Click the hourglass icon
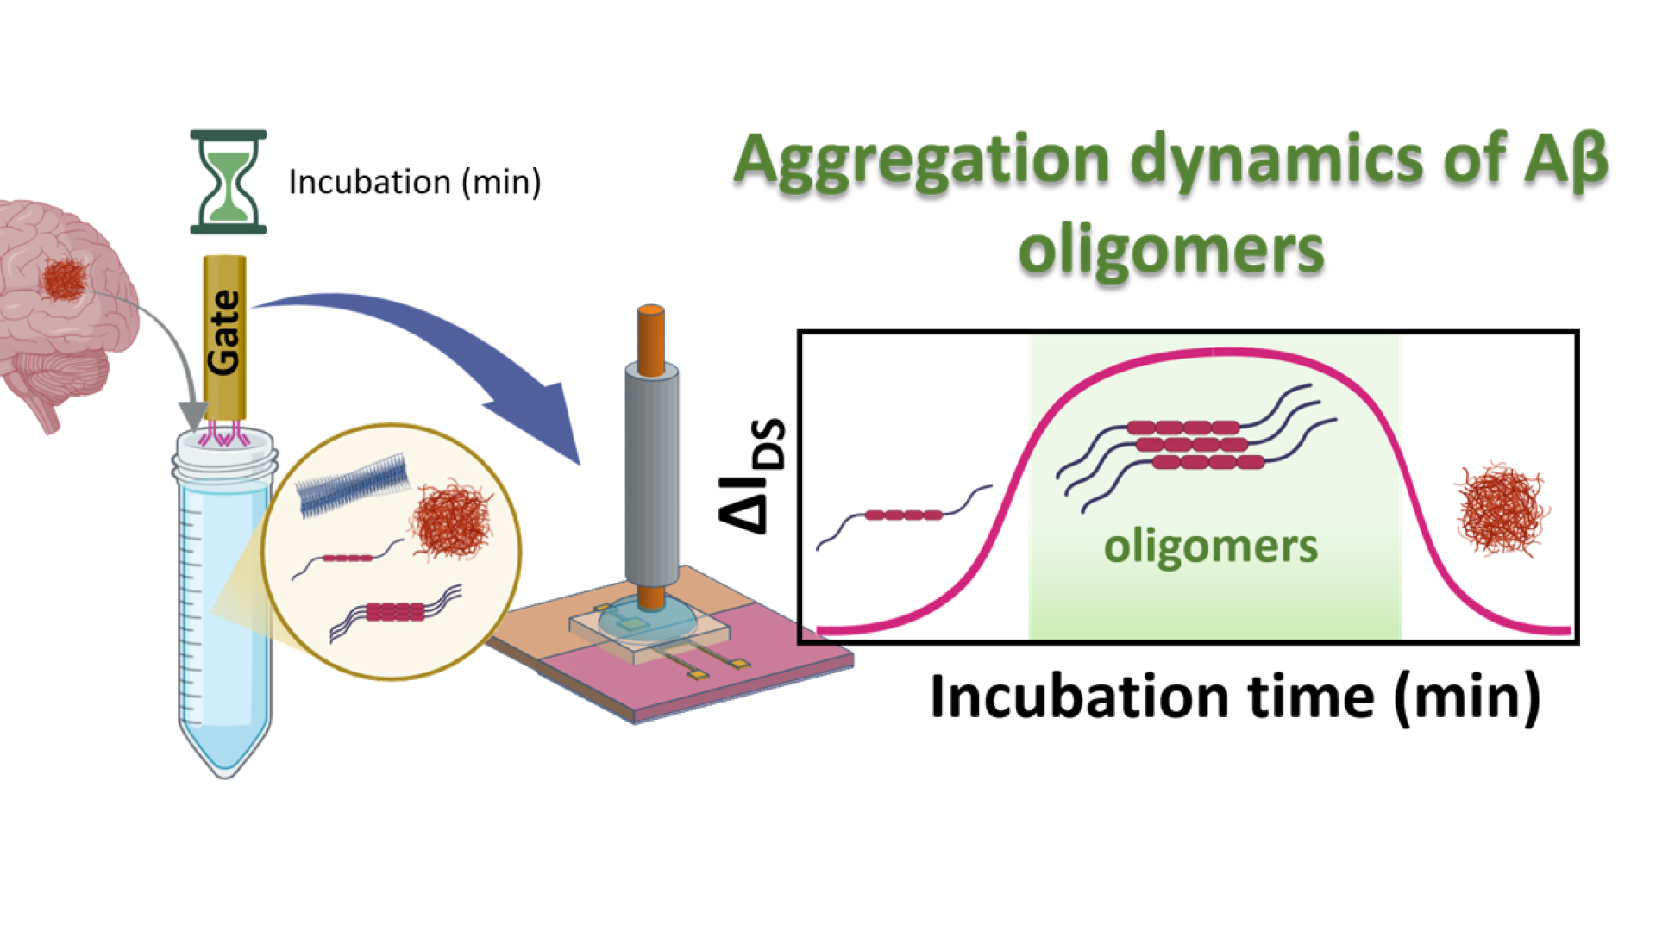228,182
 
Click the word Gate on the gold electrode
224,332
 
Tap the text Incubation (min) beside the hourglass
414,182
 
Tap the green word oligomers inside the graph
1211,547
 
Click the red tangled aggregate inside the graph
1502,508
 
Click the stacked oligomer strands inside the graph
1195,444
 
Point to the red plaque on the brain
65,279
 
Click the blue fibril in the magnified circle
353,485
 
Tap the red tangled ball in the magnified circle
451,520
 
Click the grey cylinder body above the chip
651,478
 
